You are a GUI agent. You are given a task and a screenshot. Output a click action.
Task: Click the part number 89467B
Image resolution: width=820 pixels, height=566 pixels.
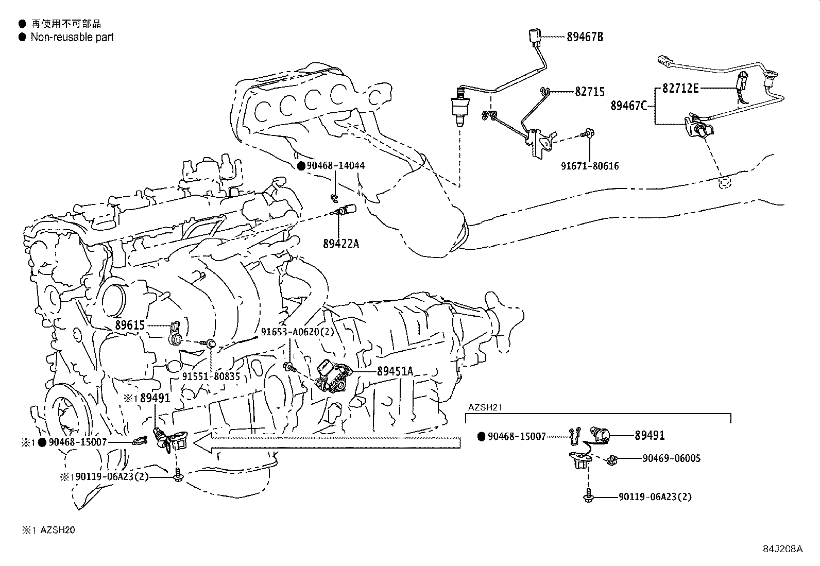[585, 37]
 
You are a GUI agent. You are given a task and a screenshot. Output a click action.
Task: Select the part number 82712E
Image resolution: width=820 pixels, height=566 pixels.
[680, 88]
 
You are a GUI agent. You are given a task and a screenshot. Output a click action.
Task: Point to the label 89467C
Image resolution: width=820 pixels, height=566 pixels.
[628, 106]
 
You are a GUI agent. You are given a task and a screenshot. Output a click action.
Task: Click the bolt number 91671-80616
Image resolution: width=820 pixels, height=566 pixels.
[590, 166]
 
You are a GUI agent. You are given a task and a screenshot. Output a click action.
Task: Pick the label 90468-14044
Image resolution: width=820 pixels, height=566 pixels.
[335, 166]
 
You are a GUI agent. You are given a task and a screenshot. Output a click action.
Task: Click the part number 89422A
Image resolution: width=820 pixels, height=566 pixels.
[341, 244]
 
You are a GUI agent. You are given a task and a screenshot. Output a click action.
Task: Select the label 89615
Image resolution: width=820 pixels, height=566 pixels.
[130, 325]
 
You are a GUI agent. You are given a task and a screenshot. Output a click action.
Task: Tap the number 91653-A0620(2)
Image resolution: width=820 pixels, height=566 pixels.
[297, 332]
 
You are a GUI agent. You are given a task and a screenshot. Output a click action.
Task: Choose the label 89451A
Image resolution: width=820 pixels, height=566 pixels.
[395, 371]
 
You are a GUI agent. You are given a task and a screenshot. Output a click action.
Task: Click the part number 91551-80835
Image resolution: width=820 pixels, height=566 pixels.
[211, 376]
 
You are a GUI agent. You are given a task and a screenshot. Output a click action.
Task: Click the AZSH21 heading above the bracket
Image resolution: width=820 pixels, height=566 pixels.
[485, 407]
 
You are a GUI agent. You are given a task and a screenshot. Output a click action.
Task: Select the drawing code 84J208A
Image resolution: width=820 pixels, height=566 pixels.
[782, 548]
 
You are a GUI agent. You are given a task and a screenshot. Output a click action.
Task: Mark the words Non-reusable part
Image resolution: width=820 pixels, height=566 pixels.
[72, 37]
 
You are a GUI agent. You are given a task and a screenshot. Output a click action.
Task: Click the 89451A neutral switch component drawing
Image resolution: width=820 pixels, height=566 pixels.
[332, 376]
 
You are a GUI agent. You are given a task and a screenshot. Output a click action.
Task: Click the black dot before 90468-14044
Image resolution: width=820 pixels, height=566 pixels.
[301, 166]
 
